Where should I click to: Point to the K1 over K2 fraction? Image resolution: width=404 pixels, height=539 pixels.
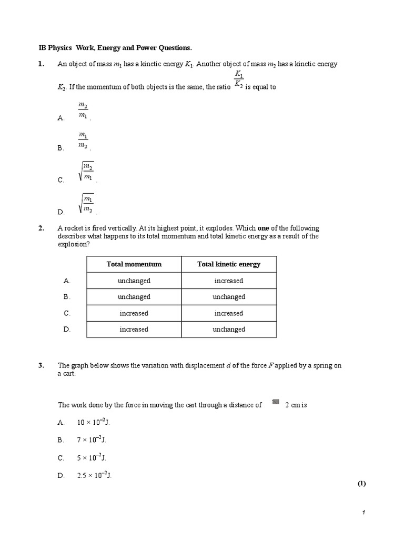pyautogui.click(x=238, y=78)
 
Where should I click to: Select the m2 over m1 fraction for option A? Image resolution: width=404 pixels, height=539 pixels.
pyautogui.click(x=83, y=111)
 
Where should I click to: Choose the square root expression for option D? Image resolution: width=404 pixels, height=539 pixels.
pyautogui.click(x=87, y=204)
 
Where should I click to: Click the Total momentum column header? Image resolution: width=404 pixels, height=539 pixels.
pyautogui.click(x=134, y=264)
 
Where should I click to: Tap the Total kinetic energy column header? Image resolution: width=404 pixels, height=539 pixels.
pyautogui.click(x=229, y=264)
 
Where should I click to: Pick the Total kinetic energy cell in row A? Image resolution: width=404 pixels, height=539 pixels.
pyautogui.click(x=229, y=281)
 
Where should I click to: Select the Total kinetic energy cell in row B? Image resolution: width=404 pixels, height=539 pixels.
pyautogui.click(x=229, y=297)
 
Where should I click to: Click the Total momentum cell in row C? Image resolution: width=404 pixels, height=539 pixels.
pyautogui.click(x=134, y=313)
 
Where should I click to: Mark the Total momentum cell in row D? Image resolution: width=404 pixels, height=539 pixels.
pyautogui.click(x=134, y=330)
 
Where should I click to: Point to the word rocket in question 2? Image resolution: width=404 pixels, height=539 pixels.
pyautogui.click(x=74, y=228)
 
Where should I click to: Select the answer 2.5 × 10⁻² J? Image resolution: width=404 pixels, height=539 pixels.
pyautogui.click(x=94, y=475)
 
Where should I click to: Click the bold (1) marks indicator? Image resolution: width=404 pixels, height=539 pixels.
pyautogui.click(x=361, y=484)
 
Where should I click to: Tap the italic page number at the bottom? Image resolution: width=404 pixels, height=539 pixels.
pyautogui.click(x=363, y=513)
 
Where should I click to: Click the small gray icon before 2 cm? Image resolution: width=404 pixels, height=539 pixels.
pyautogui.click(x=275, y=403)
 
